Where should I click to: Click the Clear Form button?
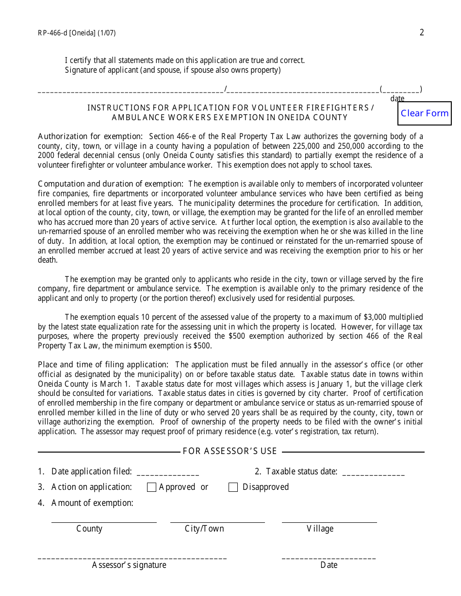425,113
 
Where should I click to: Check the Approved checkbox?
151,487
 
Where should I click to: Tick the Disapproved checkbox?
233,487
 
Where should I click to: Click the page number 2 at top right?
422,32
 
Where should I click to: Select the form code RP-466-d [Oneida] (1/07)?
77,33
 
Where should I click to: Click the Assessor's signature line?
132,556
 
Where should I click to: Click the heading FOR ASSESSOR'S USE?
230,452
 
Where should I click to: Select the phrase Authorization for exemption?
90,137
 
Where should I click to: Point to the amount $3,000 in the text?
373,317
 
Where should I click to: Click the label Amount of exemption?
92,503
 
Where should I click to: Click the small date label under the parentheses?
397,99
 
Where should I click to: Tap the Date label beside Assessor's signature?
329,565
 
